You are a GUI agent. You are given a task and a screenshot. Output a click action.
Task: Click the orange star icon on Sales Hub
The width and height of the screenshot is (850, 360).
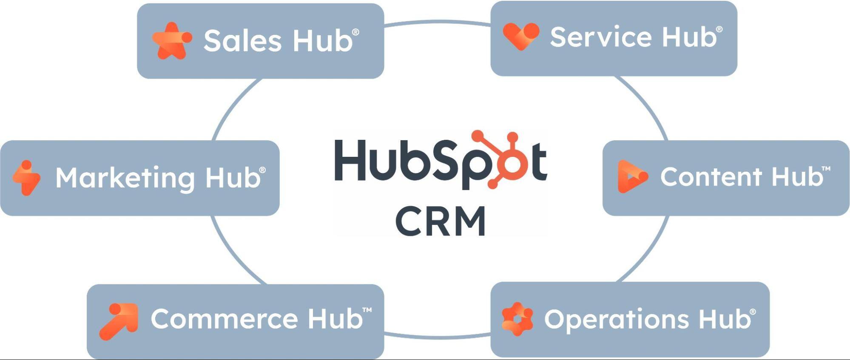(x=171, y=41)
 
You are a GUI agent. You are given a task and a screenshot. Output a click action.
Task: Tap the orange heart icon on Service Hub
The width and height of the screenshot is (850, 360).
(x=520, y=37)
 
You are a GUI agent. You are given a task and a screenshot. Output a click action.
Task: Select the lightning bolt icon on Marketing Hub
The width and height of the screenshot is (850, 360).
(x=27, y=178)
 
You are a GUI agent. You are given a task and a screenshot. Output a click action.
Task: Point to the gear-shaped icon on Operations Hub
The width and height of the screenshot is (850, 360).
(x=517, y=319)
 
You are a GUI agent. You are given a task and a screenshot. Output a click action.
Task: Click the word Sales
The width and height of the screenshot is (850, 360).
(x=242, y=41)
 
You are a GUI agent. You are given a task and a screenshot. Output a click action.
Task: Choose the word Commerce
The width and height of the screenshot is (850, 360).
(x=224, y=319)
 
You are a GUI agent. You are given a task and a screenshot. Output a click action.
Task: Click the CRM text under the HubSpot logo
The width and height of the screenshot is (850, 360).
(x=441, y=221)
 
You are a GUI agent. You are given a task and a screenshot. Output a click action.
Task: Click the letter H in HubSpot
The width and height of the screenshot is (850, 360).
(x=350, y=160)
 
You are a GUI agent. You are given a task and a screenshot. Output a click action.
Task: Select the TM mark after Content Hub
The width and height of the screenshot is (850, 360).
(x=826, y=169)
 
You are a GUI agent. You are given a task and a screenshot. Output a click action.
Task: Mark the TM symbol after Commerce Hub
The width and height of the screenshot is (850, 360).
(x=367, y=310)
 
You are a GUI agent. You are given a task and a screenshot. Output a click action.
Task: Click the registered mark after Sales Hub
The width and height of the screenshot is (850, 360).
(x=356, y=32)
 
